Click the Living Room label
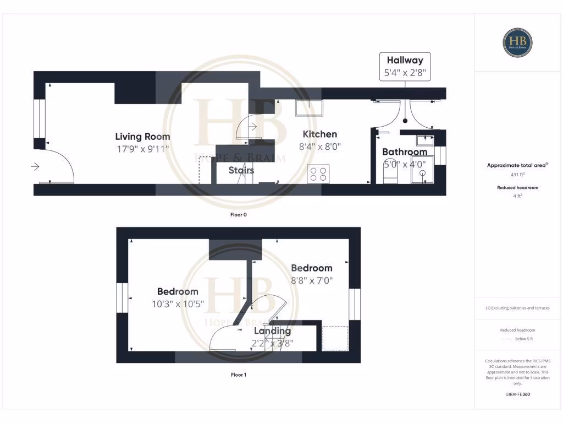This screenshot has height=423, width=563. click(x=142, y=137)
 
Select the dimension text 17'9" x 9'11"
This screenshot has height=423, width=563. click(x=142, y=149)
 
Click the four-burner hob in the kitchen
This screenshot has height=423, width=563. click(x=318, y=173)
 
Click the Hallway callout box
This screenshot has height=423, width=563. click(x=405, y=66)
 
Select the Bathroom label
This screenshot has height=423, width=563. click(x=404, y=152)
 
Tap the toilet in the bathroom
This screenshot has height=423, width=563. click(x=389, y=174)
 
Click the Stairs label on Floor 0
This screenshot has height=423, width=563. click(x=241, y=170)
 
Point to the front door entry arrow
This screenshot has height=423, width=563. click(x=36, y=166)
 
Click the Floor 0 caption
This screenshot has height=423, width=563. click(x=238, y=215)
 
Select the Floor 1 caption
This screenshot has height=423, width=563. click(x=238, y=375)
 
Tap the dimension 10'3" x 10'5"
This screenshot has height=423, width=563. click(x=178, y=303)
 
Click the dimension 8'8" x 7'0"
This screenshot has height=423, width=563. click(x=312, y=280)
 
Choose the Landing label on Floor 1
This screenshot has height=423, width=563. click(x=272, y=331)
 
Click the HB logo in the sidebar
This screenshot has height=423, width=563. click(x=518, y=42)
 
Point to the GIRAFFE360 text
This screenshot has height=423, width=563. click(x=518, y=394)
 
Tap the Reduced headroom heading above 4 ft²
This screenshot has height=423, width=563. click(x=518, y=187)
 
